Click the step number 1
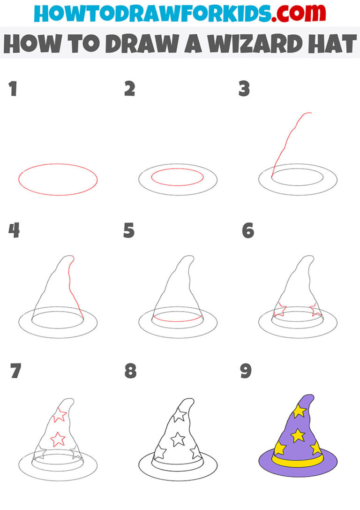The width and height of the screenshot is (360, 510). click(13, 89)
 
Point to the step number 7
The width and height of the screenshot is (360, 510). click(16, 371)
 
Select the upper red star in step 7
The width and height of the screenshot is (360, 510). click(60, 415)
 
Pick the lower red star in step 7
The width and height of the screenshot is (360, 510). click(57, 439)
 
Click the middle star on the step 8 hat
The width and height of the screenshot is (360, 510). click(177, 439)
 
